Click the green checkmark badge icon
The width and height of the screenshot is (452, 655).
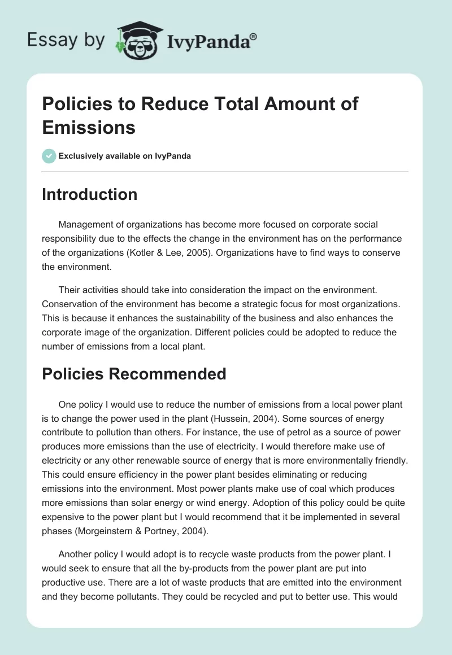click(x=49, y=156)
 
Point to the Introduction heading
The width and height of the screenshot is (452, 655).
click(x=90, y=194)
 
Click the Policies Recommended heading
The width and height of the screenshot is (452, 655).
click(x=134, y=374)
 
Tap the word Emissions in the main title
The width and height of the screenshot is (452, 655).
click(x=89, y=127)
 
